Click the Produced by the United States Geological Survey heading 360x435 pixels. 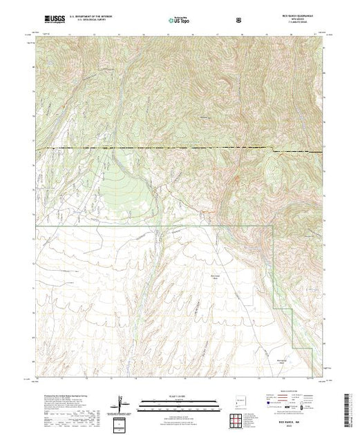(x=65, y=391)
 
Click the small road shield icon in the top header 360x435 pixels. (x=239, y=20)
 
